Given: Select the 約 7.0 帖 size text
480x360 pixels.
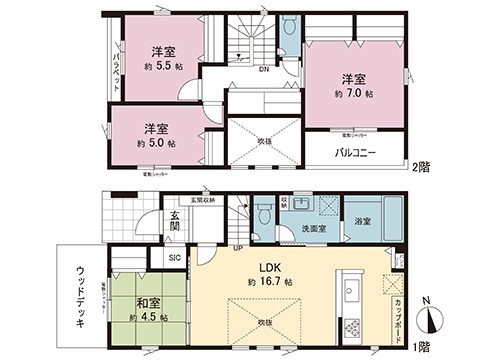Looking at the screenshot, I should (x=354, y=93).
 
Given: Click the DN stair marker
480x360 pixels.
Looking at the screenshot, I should (x=262, y=70).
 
